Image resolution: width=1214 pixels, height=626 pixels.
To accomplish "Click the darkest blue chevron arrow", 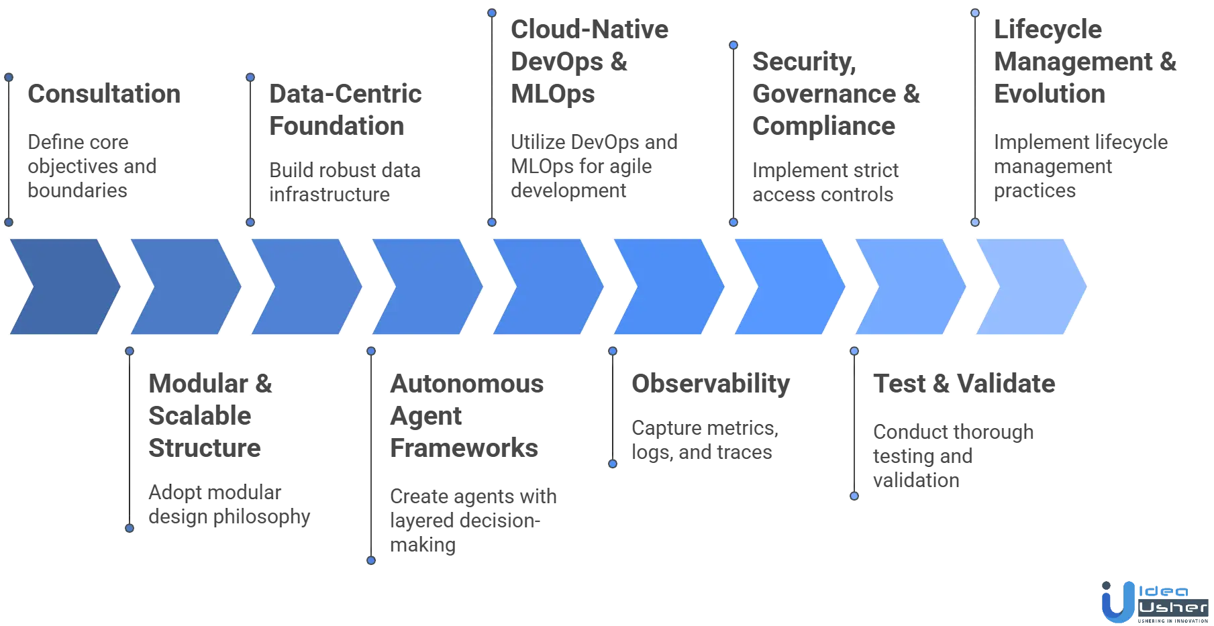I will click(64, 286).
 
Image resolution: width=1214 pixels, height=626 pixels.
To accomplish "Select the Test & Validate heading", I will click(963, 384).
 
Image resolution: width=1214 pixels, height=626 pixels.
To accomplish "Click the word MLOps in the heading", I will click(552, 95).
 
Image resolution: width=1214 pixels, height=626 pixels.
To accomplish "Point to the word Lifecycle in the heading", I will click(1048, 30).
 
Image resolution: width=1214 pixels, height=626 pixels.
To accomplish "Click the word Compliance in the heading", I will click(823, 126).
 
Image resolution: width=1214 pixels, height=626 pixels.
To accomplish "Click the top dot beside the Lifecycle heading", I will click(975, 12).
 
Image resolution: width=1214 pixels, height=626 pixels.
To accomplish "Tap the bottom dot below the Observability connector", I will click(612, 464).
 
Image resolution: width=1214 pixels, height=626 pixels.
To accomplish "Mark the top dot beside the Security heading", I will click(734, 45).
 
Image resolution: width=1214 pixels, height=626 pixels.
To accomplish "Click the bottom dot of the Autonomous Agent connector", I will click(370, 560).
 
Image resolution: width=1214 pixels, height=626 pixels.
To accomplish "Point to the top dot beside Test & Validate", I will click(854, 350).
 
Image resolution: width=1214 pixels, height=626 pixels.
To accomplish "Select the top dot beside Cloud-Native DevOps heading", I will click(492, 12).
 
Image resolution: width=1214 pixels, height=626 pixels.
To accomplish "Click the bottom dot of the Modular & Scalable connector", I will click(129, 529).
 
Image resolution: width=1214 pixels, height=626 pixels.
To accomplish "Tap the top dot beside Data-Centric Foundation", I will click(250, 77).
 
